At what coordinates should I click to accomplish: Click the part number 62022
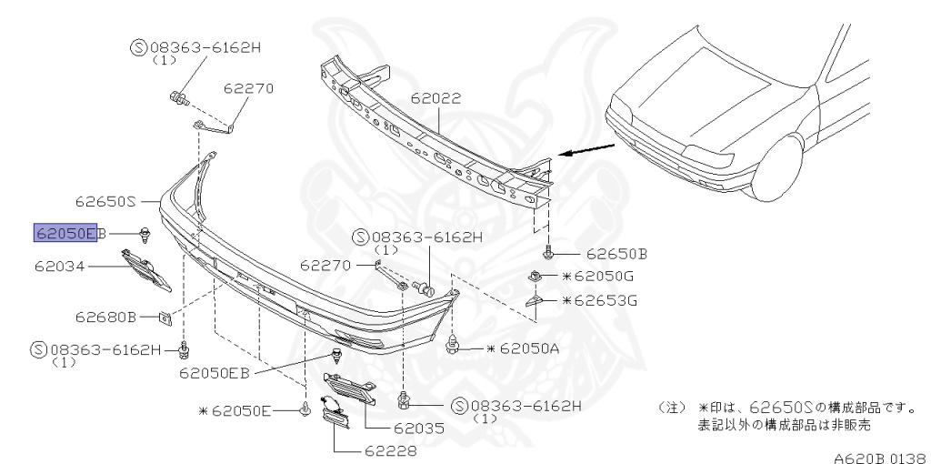tap(435, 98)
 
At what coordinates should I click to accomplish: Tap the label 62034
tap(59, 267)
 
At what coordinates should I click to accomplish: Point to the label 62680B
tap(105, 318)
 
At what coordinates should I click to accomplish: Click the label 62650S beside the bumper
tap(105, 201)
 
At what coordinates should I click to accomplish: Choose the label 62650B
tap(616, 254)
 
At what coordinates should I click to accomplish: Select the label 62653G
tap(599, 300)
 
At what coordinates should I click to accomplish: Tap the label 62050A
tap(523, 348)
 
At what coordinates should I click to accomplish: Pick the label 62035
tap(418, 428)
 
